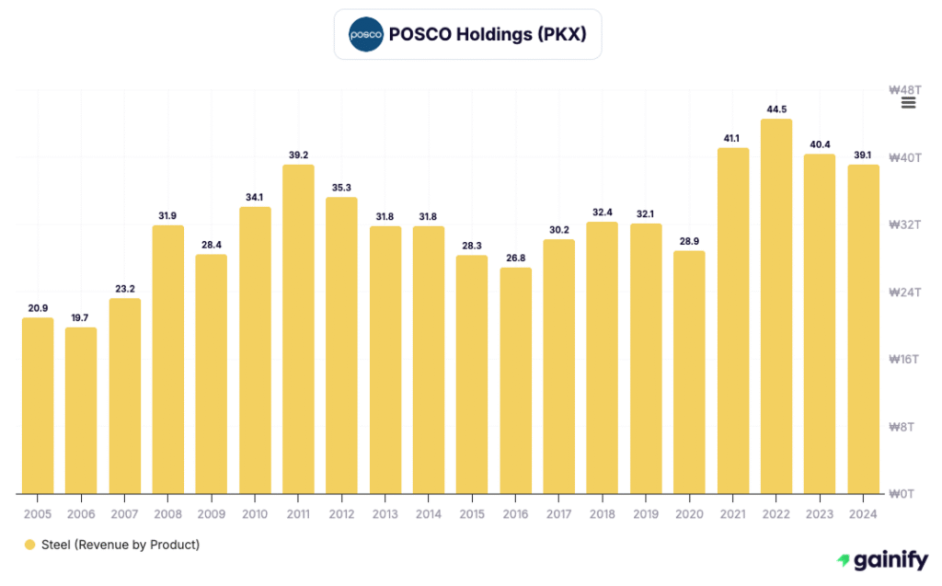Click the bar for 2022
pyautogui.click(x=776, y=306)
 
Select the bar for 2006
pyautogui.click(x=81, y=410)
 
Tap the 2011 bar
pyautogui.click(x=298, y=329)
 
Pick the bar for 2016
pyautogui.click(x=516, y=381)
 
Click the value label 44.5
pyautogui.click(x=776, y=109)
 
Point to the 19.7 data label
pyautogui.click(x=81, y=318)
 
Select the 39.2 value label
pyautogui.click(x=298, y=155)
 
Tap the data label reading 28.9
pyautogui.click(x=690, y=241)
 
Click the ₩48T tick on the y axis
pyautogui.click(x=904, y=90)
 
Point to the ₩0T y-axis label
pyautogui.click(x=906, y=494)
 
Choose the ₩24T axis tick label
pyautogui.click(x=904, y=292)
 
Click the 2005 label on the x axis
pyautogui.click(x=38, y=514)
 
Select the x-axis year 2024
pyautogui.click(x=863, y=514)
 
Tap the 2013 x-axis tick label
pyautogui.click(x=385, y=514)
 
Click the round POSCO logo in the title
pyautogui.click(x=365, y=34)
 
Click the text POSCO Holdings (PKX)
pyautogui.click(x=488, y=35)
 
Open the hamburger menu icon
pyautogui.click(x=909, y=102)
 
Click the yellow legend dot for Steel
pyautogui.click(x=29, y=545)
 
